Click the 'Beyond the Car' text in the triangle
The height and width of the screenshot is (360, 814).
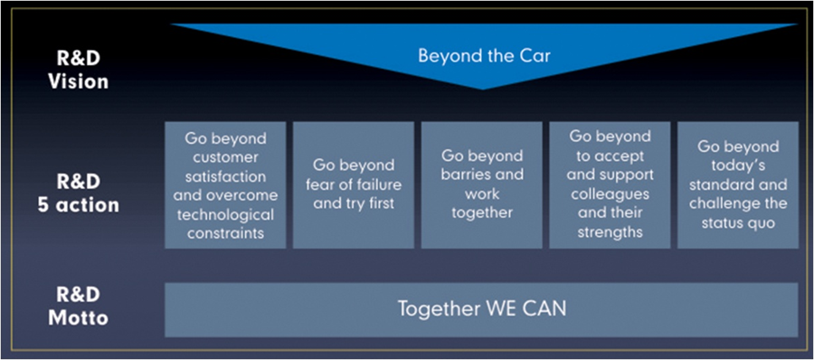point(484,55)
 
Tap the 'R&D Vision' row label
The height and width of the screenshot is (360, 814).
point(79,70)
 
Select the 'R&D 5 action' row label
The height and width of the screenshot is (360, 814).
point(79,193)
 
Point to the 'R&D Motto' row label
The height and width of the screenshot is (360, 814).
point(79,306)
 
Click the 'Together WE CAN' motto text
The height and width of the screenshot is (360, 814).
point(482,309)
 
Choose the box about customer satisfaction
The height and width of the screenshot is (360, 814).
point(225,185)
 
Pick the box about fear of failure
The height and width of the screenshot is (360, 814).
point(354,185)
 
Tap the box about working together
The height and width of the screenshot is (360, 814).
point(482,185)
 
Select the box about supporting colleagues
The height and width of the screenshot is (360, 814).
point(610,185)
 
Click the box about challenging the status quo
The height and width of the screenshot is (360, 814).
point(738,185)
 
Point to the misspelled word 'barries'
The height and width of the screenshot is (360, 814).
point(463,175)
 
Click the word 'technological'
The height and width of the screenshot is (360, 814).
point(225,214)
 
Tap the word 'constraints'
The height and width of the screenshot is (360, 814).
point(225,233)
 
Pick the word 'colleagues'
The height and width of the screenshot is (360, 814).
point(610,194)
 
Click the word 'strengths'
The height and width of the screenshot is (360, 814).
point(610,232)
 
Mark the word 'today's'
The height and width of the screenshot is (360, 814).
point(738,166)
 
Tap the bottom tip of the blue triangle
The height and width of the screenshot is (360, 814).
point(482,90)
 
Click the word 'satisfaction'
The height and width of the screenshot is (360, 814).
point(225,176)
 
